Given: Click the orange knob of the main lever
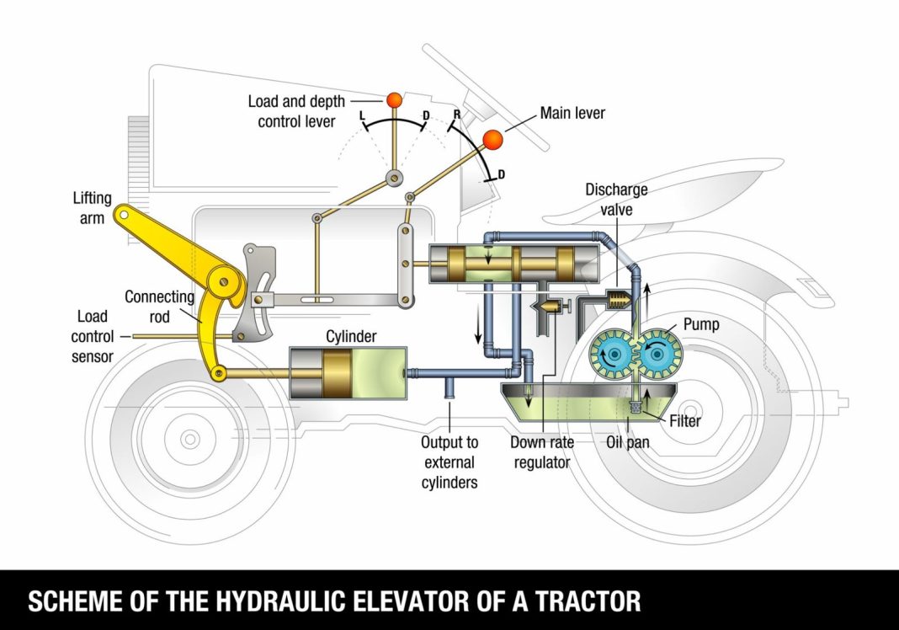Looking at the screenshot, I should (492, 139).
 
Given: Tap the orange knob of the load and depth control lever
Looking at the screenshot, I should (394, 100).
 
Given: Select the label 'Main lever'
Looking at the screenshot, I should (572, 113).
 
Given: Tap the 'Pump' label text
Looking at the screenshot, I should (701, 324).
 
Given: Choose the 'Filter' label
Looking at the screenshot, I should (686, 421).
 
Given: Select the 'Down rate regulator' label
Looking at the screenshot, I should (540, 451).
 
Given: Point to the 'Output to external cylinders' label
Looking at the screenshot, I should (449, 462).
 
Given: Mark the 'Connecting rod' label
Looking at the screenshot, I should (159, 306).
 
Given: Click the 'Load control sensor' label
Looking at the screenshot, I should (93, 337).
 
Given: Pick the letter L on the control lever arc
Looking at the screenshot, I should (361, 115).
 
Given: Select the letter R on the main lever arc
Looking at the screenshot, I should (455, 113).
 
